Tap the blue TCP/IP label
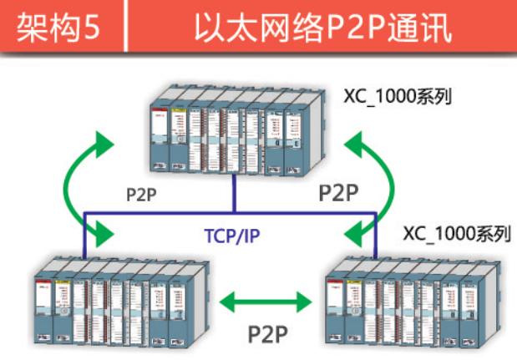[x=232, y=236]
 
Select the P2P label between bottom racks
[x=267, y=332]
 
